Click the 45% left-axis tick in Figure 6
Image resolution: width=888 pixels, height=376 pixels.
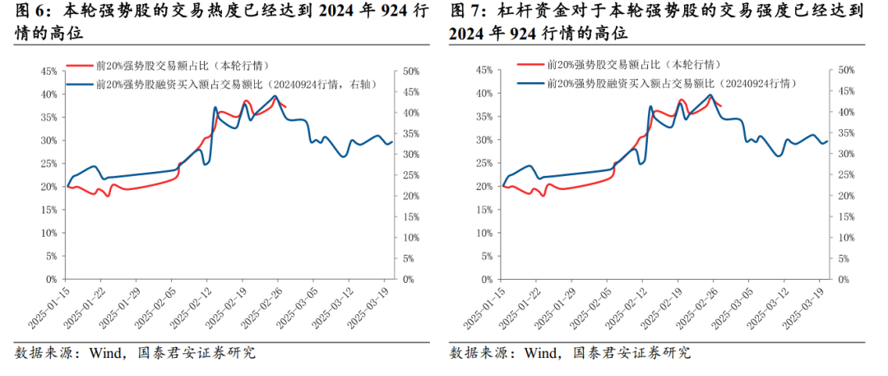47,71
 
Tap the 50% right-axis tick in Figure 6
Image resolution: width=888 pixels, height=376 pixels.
406,71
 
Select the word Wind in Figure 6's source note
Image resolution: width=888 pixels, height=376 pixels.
105,353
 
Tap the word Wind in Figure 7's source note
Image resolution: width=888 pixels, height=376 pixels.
541,353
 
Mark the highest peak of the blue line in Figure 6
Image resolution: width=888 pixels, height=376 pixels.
275,96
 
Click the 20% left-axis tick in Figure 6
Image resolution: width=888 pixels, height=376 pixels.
47,187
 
